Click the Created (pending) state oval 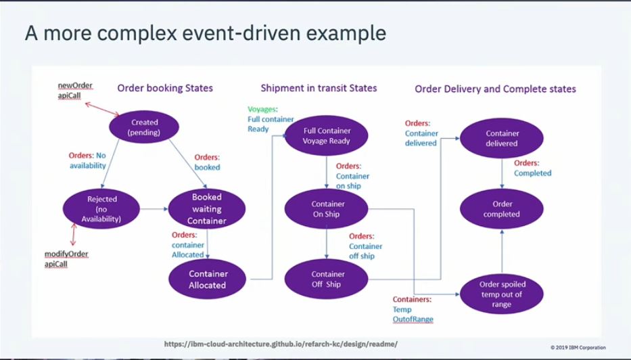pos(143,127)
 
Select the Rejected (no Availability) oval pos(102,208)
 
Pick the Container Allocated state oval pos(208,279)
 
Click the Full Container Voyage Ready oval pos(327,137)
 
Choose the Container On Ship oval pos(327,209)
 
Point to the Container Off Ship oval pos(327,279)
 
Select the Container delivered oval pos(501,138)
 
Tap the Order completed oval pos(501,209)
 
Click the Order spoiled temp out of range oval pos(501,294)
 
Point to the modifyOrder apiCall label pos(66,258)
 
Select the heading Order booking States pos(165,88)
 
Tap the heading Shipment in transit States pos(319,88)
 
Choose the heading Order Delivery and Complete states pos(495,89)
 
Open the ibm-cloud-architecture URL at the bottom pos(281,344)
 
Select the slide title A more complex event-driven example pos(206,34)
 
